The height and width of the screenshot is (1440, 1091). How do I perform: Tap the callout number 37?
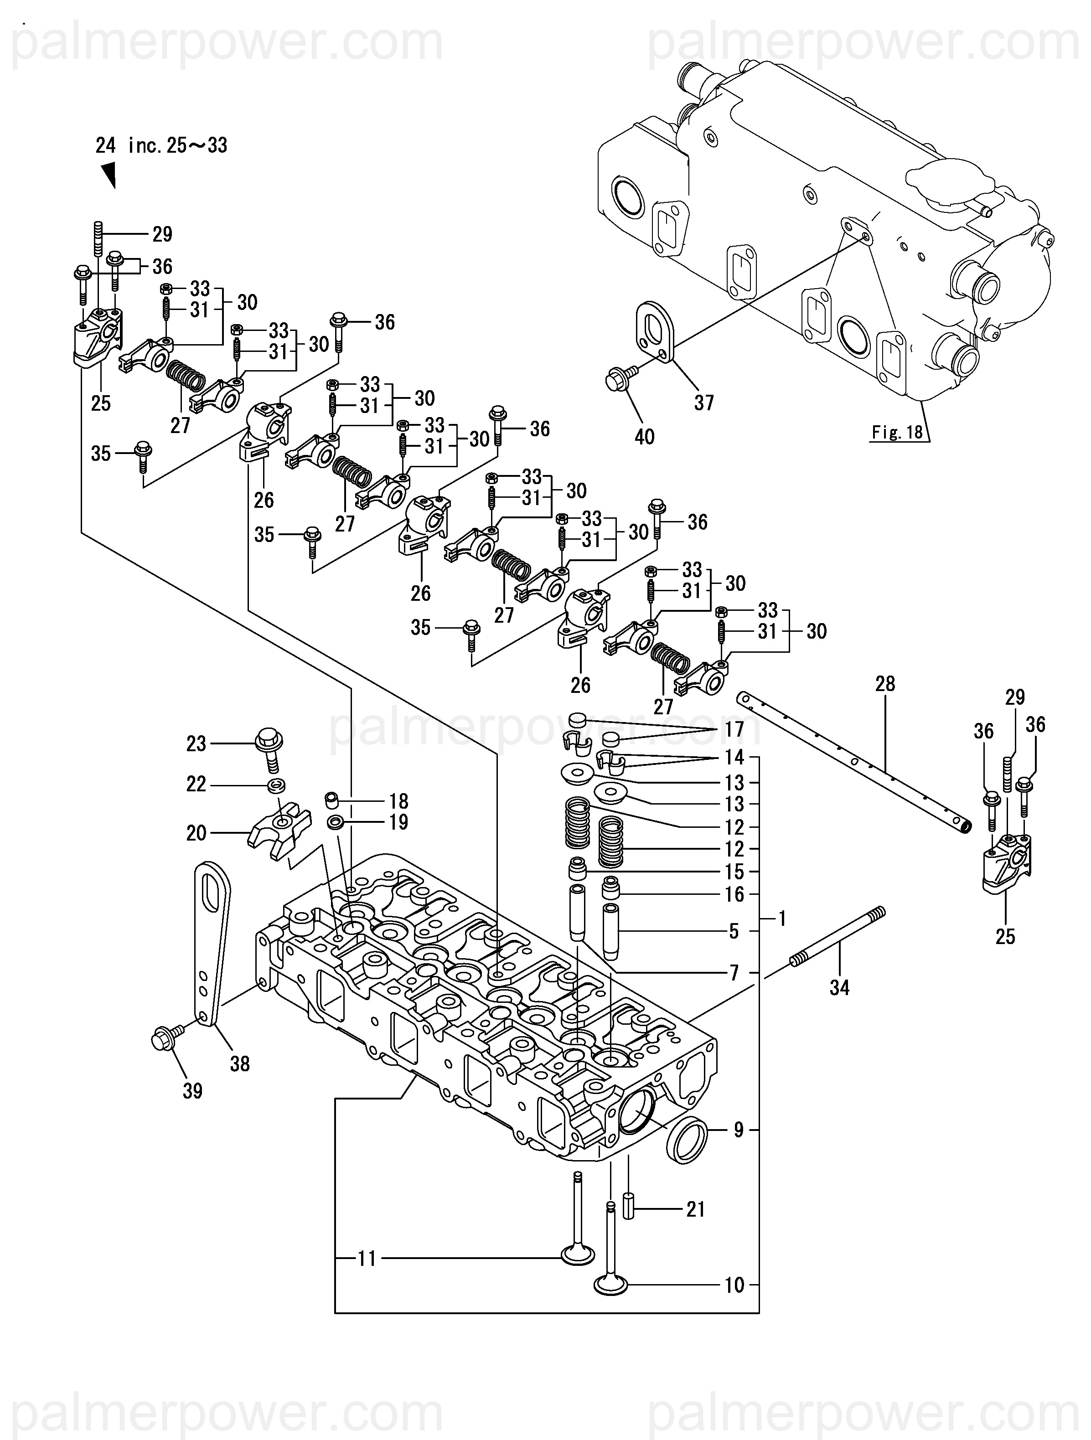tap(703, 403)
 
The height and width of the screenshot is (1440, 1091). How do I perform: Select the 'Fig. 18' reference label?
tap(897, 432)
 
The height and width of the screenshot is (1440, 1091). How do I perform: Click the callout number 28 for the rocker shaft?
tap(885, 684)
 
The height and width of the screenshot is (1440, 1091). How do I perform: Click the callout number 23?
tap(196, 743)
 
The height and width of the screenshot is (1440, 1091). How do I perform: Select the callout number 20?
tap(196, 833)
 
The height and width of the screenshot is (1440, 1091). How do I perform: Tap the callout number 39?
tap(192, 1091)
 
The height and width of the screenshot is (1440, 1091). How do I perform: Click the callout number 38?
tap(239, 1064)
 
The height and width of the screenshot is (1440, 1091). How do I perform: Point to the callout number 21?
tap(696, 1209)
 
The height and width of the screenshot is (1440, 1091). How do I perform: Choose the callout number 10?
tap(734, 1285)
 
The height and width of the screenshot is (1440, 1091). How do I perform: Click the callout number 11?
tap(367, 1259)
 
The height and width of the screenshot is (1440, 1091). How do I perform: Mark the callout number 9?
tap(738, 1130)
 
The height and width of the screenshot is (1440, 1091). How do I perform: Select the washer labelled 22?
tap(276, 785)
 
